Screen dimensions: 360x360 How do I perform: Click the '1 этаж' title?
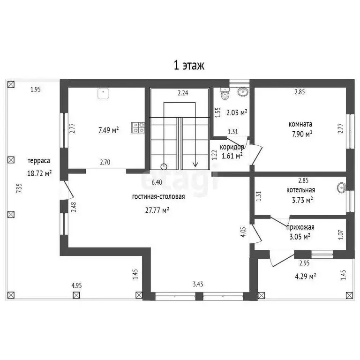(x=189, y=65)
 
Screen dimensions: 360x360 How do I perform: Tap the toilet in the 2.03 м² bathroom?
(x=225, y=93)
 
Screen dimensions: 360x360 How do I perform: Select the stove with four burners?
(x=138, y=128)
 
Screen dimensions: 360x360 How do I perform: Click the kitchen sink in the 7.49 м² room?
(x=103, y=93)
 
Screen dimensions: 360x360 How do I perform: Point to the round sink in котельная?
(x=342, y=187)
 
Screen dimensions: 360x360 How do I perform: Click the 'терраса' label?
(x=39, y=161)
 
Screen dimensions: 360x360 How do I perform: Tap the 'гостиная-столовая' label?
(x=158, y=197)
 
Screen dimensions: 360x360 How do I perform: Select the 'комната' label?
(x=300, y=124)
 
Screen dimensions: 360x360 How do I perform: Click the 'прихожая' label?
(x=300, y=227)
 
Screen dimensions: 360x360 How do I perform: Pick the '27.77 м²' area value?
(x=157, y=210)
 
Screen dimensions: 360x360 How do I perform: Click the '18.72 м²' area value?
(x=39, y=173)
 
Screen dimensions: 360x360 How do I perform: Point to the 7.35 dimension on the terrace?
(x=20, y=188)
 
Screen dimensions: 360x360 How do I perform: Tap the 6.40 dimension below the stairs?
(x=157, y=182)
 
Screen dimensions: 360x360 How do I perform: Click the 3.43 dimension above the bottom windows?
(x=198, y=284)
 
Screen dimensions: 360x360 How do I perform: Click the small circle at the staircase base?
(x=164, y=166)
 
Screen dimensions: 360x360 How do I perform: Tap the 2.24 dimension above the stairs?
(x=183, y=93)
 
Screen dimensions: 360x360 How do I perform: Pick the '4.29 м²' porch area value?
(x=305, y=276)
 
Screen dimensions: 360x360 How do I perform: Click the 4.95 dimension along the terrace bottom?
(x=76, y=285)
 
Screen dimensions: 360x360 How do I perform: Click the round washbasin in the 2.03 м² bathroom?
(x=243, y=92)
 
